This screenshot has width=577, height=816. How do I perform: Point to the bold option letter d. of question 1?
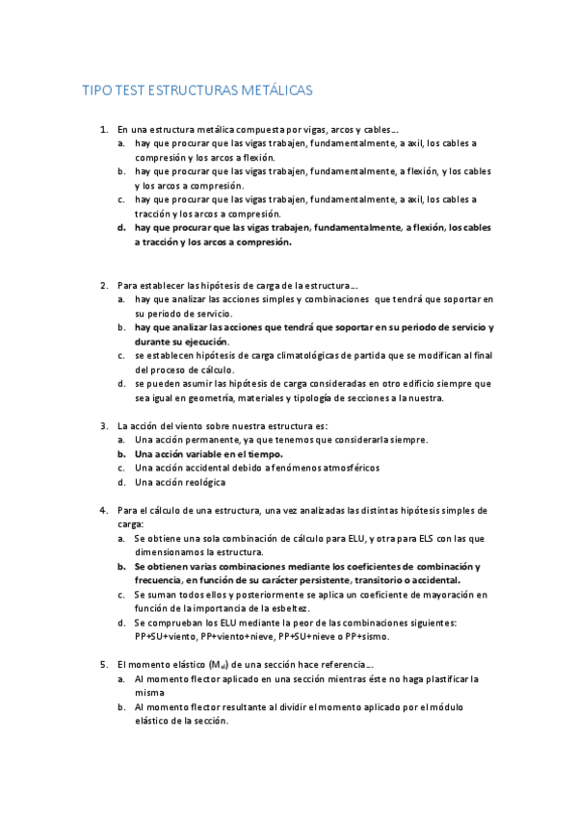tap(121, 228)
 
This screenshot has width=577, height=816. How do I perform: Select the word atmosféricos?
tap(341, 468)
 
